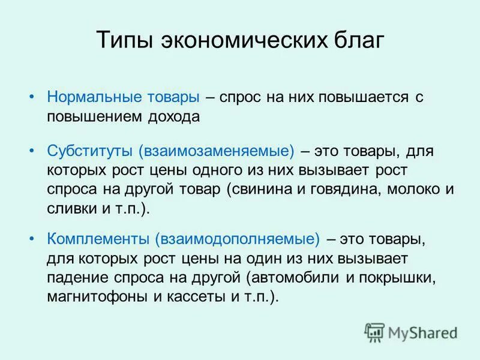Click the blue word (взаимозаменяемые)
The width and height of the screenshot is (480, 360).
(x=217, y=149)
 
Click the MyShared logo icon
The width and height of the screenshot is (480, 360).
(x=374, y=332)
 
